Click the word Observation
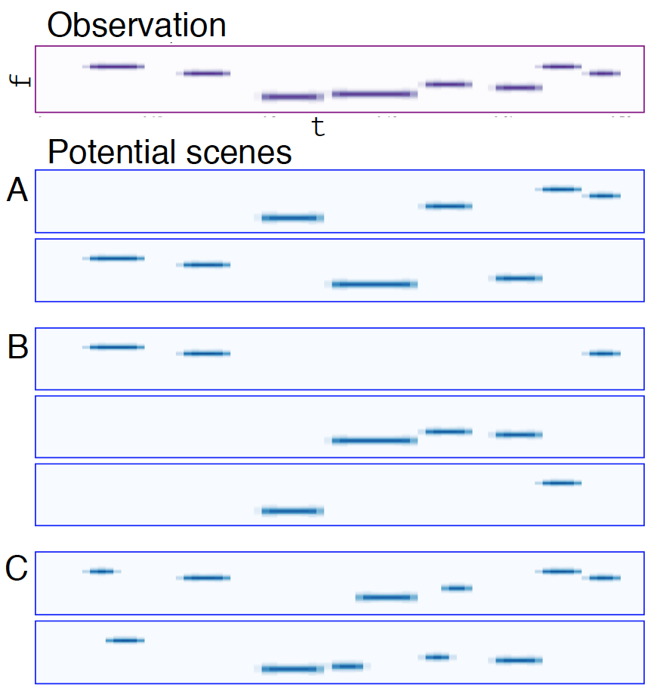point(136,25)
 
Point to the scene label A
point(17,191)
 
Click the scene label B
point(17,348)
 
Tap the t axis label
point(319,127)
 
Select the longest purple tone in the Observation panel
point(375,94)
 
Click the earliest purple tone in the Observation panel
point(113,67)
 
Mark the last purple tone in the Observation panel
point(604,73)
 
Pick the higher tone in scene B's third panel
point(559,482)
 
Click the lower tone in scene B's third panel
point(292,511)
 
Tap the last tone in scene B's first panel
point(604,353)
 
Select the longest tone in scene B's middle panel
point(375,440)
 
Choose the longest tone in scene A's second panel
point(375,284)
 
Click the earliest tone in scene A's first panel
point(292,218)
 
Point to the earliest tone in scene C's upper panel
point(101,571)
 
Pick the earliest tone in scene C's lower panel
point(125,640)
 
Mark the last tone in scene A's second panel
point(517,278)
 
